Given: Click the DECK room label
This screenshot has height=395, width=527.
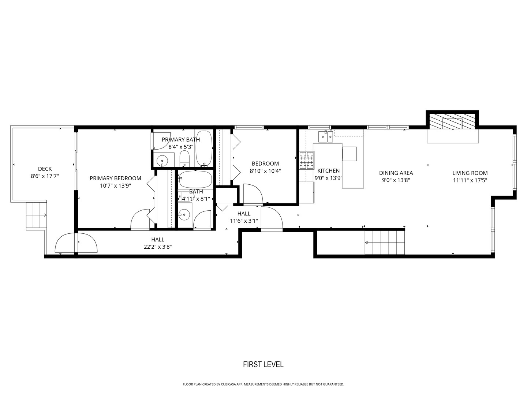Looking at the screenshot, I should [x=45, y=169].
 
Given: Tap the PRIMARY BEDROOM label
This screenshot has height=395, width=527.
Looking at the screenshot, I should [x=115, y=178].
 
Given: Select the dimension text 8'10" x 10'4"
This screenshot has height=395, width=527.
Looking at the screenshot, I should [x=265, y=171].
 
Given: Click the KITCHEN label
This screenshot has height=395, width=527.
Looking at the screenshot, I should [x=328, y=171].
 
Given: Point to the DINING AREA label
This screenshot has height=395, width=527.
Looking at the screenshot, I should [x=396, y=173].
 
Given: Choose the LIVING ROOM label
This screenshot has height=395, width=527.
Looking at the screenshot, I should [x=470, y=173].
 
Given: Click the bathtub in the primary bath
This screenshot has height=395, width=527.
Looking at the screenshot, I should [x=204, y=148].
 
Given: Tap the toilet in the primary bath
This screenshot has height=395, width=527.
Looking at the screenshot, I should [x=184, y=158].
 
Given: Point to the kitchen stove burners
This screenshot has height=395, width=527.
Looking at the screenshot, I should [x=307, y=160].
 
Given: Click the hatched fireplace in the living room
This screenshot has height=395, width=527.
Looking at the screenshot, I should [x=452, y=121].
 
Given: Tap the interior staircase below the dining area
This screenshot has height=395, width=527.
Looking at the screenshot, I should [x=385, y=242].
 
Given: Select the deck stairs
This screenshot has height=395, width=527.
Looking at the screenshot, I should [x=36, y=215].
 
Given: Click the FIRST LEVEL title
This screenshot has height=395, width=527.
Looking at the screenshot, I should [x=263, y=364].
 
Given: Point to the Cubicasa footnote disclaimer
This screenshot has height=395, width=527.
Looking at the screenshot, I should [x=263, y=384].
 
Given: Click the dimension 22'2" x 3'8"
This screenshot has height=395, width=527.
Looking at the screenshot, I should [x=158, y=247].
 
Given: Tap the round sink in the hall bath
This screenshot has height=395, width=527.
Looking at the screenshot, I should [x=185, y=215].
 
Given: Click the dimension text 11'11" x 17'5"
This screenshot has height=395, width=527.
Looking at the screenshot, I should [x=470, y=180].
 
